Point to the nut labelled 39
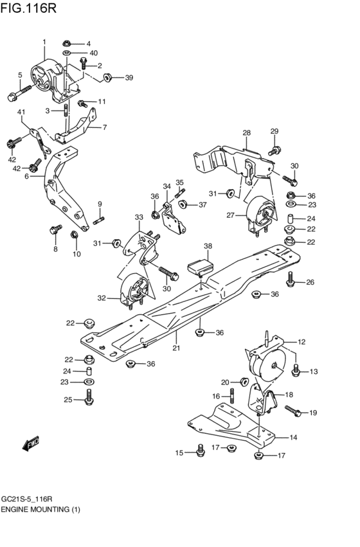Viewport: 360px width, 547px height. (x=108, y=78)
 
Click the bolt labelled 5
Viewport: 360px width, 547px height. (x=16, y=95)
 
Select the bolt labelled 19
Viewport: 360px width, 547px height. (x=291, y=409)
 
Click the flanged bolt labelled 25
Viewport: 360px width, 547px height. (x=88, y=400)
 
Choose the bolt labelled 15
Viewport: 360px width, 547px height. (x=199, y=451)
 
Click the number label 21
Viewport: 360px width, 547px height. (x=175, y=348)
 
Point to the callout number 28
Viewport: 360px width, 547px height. (x=246, y=133)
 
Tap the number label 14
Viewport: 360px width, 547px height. (x=293, y=438)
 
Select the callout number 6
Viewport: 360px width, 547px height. (x=27, y=175)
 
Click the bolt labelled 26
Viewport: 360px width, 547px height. (x=291, y=278)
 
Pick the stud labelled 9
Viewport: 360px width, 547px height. (x=100, y=222)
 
